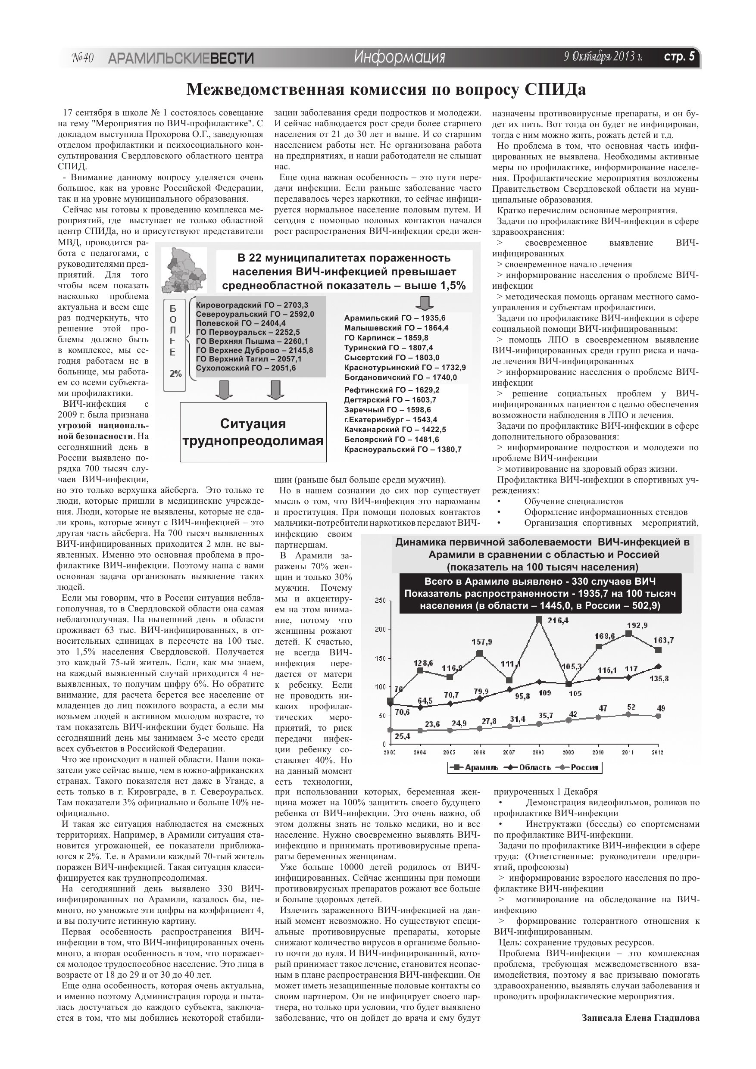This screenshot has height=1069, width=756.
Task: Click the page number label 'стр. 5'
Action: (679, 57)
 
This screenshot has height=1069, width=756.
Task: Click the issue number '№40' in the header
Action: (83, 58)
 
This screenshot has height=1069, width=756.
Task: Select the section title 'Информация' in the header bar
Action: (399, 57)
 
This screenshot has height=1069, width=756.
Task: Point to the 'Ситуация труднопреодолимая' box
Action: (253, 432)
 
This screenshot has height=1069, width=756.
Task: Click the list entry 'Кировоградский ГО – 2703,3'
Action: (252, 305)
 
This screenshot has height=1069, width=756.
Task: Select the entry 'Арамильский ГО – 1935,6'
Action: (394, 318)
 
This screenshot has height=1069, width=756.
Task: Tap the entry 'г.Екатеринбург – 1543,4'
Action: (390, 420)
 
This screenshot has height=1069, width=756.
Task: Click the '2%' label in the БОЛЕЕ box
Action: (175, 374)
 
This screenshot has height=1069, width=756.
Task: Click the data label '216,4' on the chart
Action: (558, 620)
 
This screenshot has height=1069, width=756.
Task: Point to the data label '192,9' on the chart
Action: (637, 625)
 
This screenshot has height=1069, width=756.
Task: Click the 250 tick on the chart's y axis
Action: (380, 601)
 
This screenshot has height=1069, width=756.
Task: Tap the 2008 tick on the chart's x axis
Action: (538, 752)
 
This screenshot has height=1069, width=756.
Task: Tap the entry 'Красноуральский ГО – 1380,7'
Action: (403, 449)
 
